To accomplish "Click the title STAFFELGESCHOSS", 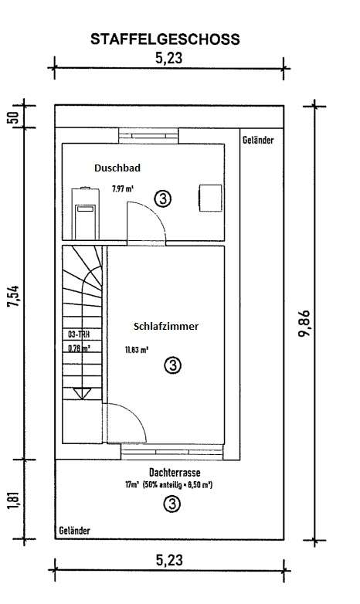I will click(x=165, y=39).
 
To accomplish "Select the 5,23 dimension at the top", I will click(x=168, y=57).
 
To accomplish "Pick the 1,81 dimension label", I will click(x=13, y=501).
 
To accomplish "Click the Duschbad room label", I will click(x=117, y=168).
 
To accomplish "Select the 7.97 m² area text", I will click(x=122, y=188).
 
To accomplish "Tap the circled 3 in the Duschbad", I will click(x=163, y=198).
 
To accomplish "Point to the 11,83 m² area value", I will click(x=137, y=349).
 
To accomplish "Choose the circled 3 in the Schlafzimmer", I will click(x=173, y=364).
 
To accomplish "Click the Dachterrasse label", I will click(x=170, y=472).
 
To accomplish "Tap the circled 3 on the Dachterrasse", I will click(x=172, y=504).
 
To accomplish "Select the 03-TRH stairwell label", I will click(x=79, y=335).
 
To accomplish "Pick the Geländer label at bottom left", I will click(x=74, y=531).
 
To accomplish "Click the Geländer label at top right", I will click(x=258, y=141).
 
